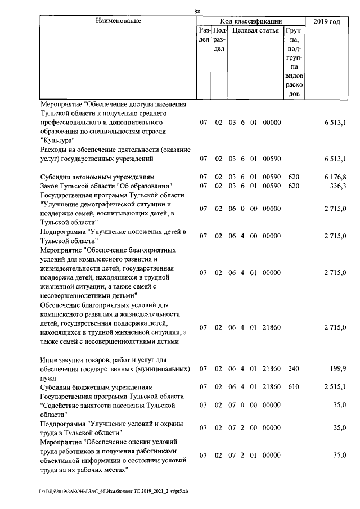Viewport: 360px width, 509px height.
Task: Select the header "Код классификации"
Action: (251, 21)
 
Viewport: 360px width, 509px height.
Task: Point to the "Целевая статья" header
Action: (255, 31)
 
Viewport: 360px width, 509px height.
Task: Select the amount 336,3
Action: (337, 186)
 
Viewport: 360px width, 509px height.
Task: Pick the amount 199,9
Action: (337, 369)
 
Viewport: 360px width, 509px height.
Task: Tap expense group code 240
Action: (293, 369)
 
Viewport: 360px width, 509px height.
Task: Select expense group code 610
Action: (293, 388)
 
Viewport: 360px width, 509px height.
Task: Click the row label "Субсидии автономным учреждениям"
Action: (93, 177)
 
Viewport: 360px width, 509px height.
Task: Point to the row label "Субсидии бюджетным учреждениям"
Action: (90, 388)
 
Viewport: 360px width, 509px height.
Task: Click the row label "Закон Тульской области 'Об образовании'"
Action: (106, 186)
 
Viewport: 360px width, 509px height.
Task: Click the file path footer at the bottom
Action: (108, 490)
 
